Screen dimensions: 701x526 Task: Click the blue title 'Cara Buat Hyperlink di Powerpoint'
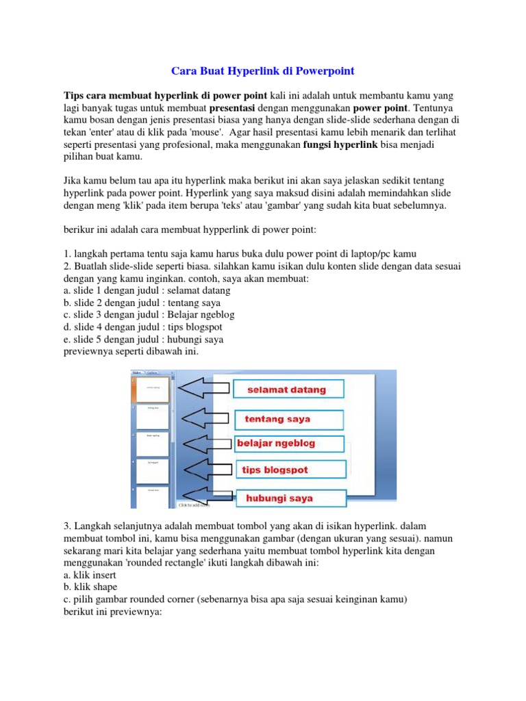tap(262, 71)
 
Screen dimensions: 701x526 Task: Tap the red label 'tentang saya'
tap(277, 418)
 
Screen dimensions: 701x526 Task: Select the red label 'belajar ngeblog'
tap(276, 444)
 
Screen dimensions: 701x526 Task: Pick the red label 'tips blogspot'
tap(275, 470)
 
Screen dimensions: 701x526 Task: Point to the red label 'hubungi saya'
tap(279, 498)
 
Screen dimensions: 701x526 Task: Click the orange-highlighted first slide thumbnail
tap(152, 388)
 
